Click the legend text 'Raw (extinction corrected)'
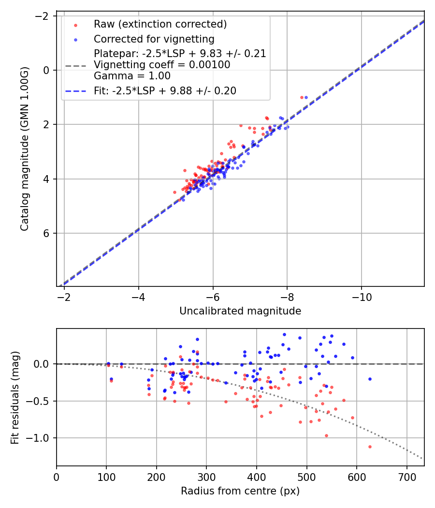pos(160,24)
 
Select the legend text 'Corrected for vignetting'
pos(154,39)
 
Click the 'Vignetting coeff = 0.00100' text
pos(162,65)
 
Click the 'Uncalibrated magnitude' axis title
pos(240,311)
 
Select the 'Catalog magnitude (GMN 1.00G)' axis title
pos(25,149)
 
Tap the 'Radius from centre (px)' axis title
pos(240,491)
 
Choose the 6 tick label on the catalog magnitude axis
pos(47,234)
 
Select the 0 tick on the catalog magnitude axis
pos(47,70)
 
